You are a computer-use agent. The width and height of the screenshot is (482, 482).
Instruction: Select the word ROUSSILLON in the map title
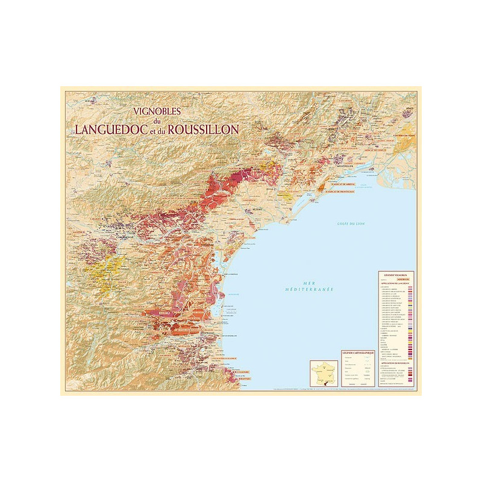pyautogui.click(x=205, y=129)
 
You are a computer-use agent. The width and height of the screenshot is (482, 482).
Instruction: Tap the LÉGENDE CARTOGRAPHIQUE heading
pyautogui.click(x=358, y=352)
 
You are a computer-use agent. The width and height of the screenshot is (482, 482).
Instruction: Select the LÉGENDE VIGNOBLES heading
pyautogui.click(x=396, y=274)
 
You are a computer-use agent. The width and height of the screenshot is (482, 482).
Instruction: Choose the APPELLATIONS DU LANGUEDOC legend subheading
pyautogui.click(x=395, y=283)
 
